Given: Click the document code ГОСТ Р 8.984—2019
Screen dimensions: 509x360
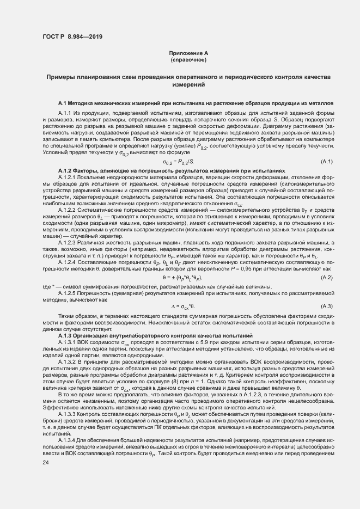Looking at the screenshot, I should tap(72, 36).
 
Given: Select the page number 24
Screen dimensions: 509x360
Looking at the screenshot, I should tap(45, 463).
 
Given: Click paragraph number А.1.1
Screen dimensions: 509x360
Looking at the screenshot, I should tap(65, 112).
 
